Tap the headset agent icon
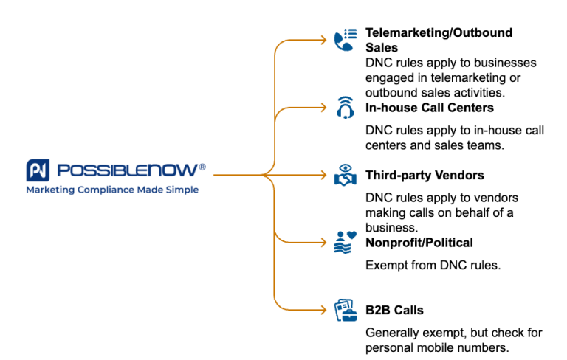point(345,108)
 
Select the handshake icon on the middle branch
point(345,175)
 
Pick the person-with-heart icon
point(345,242)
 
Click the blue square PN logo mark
point(38,170)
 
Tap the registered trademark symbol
point(202,167)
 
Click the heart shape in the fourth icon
point(352,236)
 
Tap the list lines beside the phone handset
point(351,34)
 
